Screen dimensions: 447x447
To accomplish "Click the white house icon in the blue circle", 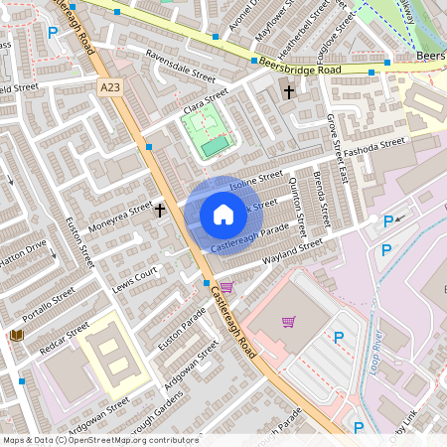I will click(x=223, y=214).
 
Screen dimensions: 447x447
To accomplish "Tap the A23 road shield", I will click(x=111, y=88).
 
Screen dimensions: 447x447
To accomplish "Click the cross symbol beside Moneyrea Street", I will click(x=160, y=210).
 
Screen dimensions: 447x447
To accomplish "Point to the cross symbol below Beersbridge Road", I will click(x=289, y=92).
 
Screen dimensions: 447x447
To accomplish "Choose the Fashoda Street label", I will click(x=374, y=145).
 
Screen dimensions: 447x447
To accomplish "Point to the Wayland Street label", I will click(x=293, y=251).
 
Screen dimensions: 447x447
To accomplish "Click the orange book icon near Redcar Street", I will click(x=16, y=336).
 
